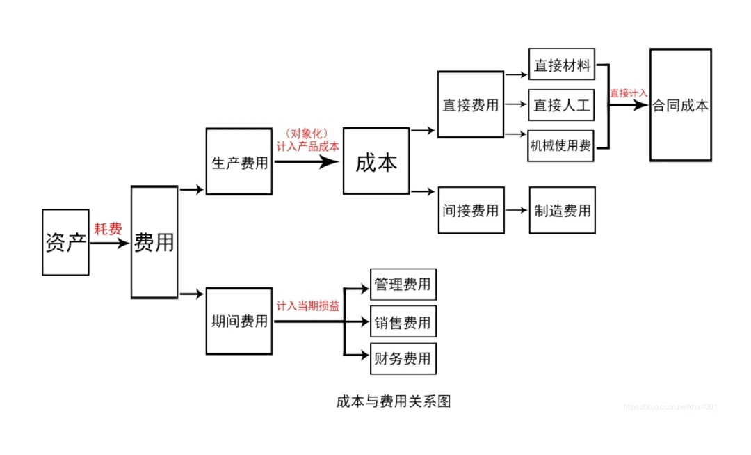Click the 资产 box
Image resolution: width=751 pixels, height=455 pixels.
[65, 242]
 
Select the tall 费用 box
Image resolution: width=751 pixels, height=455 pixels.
[154, 242]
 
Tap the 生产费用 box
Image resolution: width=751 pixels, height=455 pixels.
[239, 161]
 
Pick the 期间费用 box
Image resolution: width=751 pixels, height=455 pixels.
[239, 321]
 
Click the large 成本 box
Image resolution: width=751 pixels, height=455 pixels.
[375, 161]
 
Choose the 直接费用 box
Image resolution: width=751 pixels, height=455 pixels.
[470, 104]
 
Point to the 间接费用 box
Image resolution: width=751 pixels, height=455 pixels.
[471, 210]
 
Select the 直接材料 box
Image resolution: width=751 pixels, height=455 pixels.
[561, 65]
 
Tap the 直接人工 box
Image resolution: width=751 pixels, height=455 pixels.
[561, 105]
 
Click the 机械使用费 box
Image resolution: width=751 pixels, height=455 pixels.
[561, 145]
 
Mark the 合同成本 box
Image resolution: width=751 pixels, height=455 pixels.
[680, 105]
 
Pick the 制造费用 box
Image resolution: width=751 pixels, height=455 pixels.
[562, 210]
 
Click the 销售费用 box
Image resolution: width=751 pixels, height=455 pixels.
[403, 321]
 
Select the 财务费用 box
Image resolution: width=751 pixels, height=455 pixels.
[403, 358]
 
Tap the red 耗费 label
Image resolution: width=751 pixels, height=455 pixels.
[108, 229]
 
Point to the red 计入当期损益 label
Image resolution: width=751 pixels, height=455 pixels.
[308, 305]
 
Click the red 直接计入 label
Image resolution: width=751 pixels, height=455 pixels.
[629, 93]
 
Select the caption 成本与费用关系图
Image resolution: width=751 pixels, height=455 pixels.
[394, 401]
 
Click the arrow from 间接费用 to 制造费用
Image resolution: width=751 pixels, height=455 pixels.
[516, 210]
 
